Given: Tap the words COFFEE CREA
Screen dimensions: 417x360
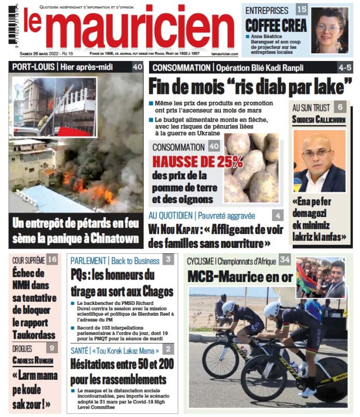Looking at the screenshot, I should tap(276, 25).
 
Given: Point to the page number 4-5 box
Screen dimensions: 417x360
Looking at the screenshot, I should tap(344, 67).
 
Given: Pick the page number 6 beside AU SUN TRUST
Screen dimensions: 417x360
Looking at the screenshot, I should tap(339, 107).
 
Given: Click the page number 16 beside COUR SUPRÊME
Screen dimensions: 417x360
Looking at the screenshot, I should tap(52, 259).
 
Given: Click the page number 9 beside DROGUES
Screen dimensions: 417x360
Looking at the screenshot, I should tap(51, 348).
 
